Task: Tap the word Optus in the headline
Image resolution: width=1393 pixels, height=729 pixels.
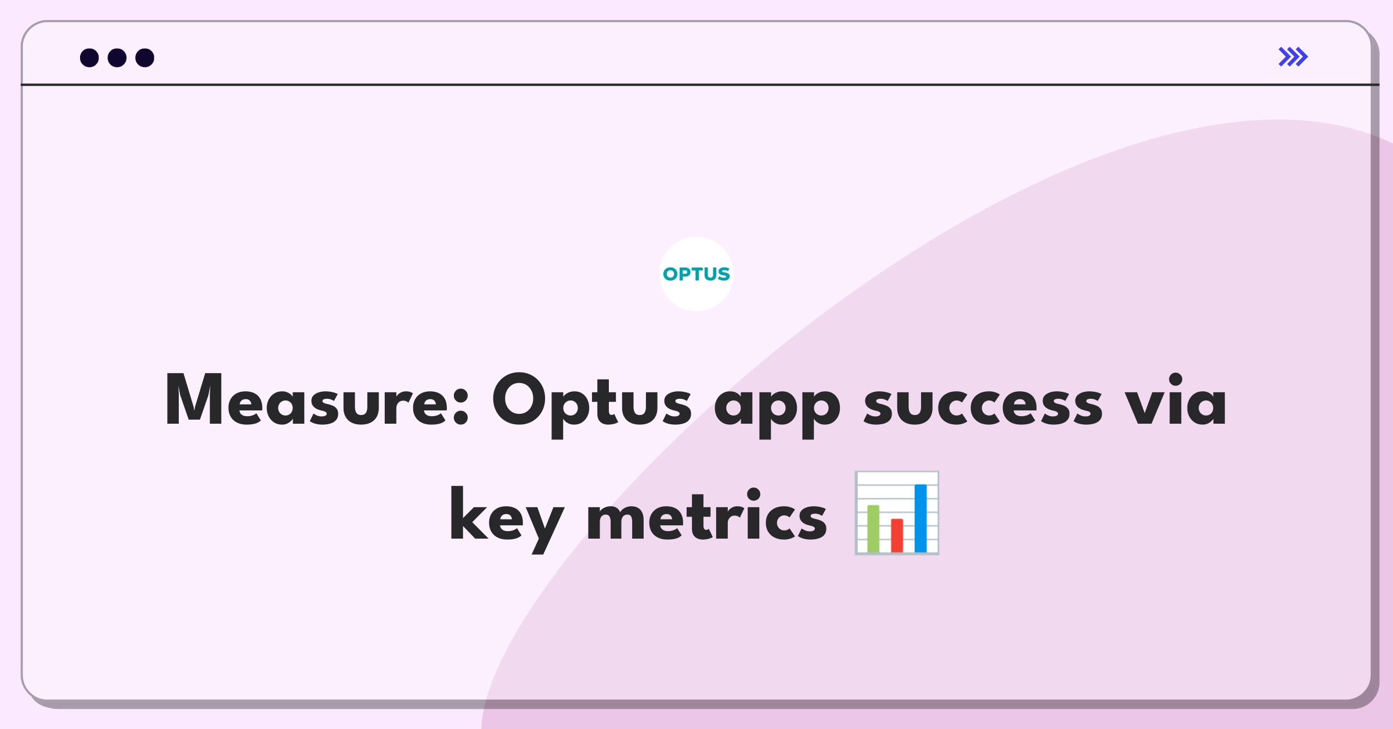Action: (x=592, y=404)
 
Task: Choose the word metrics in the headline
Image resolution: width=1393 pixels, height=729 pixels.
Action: (x=707, y=515)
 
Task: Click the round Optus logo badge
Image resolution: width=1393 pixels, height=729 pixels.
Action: (x=696, y=274)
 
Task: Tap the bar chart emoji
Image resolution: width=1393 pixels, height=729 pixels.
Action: (x=897, y=513)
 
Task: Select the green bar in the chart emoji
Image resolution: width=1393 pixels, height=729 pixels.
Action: (x=873, y=528)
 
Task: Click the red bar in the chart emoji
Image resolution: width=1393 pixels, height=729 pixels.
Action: (x=897, y=535)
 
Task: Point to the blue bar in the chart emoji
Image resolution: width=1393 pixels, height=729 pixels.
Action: (x=921, y=518)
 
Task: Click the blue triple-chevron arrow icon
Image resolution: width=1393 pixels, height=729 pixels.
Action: (x=1293, y=57)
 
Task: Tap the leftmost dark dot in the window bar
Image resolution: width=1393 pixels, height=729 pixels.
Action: (x=89, y=57)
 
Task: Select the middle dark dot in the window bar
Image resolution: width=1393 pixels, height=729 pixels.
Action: (x=117, y=57)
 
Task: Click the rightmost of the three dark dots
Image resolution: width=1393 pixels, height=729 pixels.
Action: (x=145, y=57)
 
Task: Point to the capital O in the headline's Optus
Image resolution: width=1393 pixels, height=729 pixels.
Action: (x=520, y=399)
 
